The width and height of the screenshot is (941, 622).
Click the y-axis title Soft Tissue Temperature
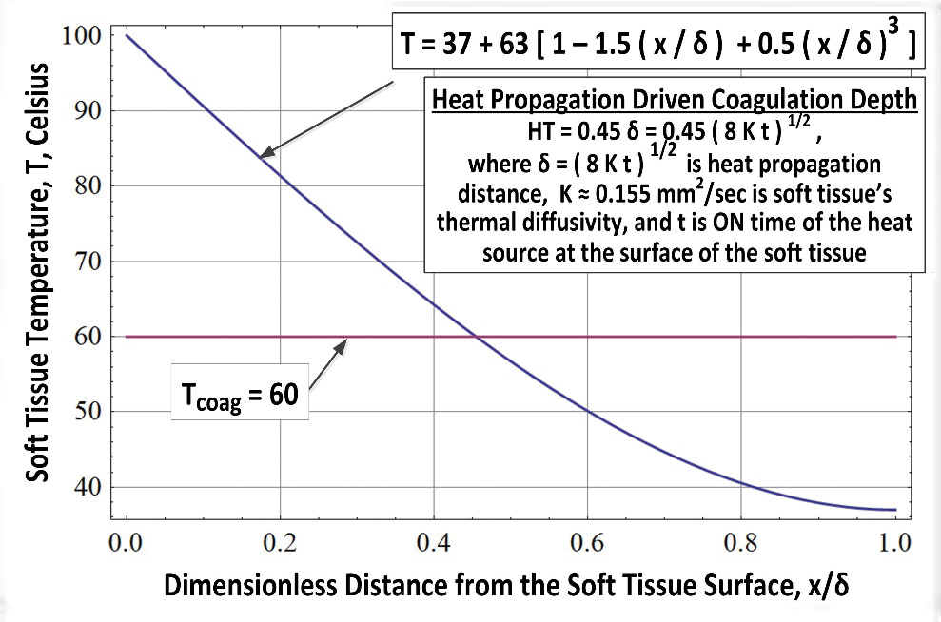coord(38,276)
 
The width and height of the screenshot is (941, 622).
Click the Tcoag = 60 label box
coord(240,393)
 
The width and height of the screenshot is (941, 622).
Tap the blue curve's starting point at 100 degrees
coord(127,36)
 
